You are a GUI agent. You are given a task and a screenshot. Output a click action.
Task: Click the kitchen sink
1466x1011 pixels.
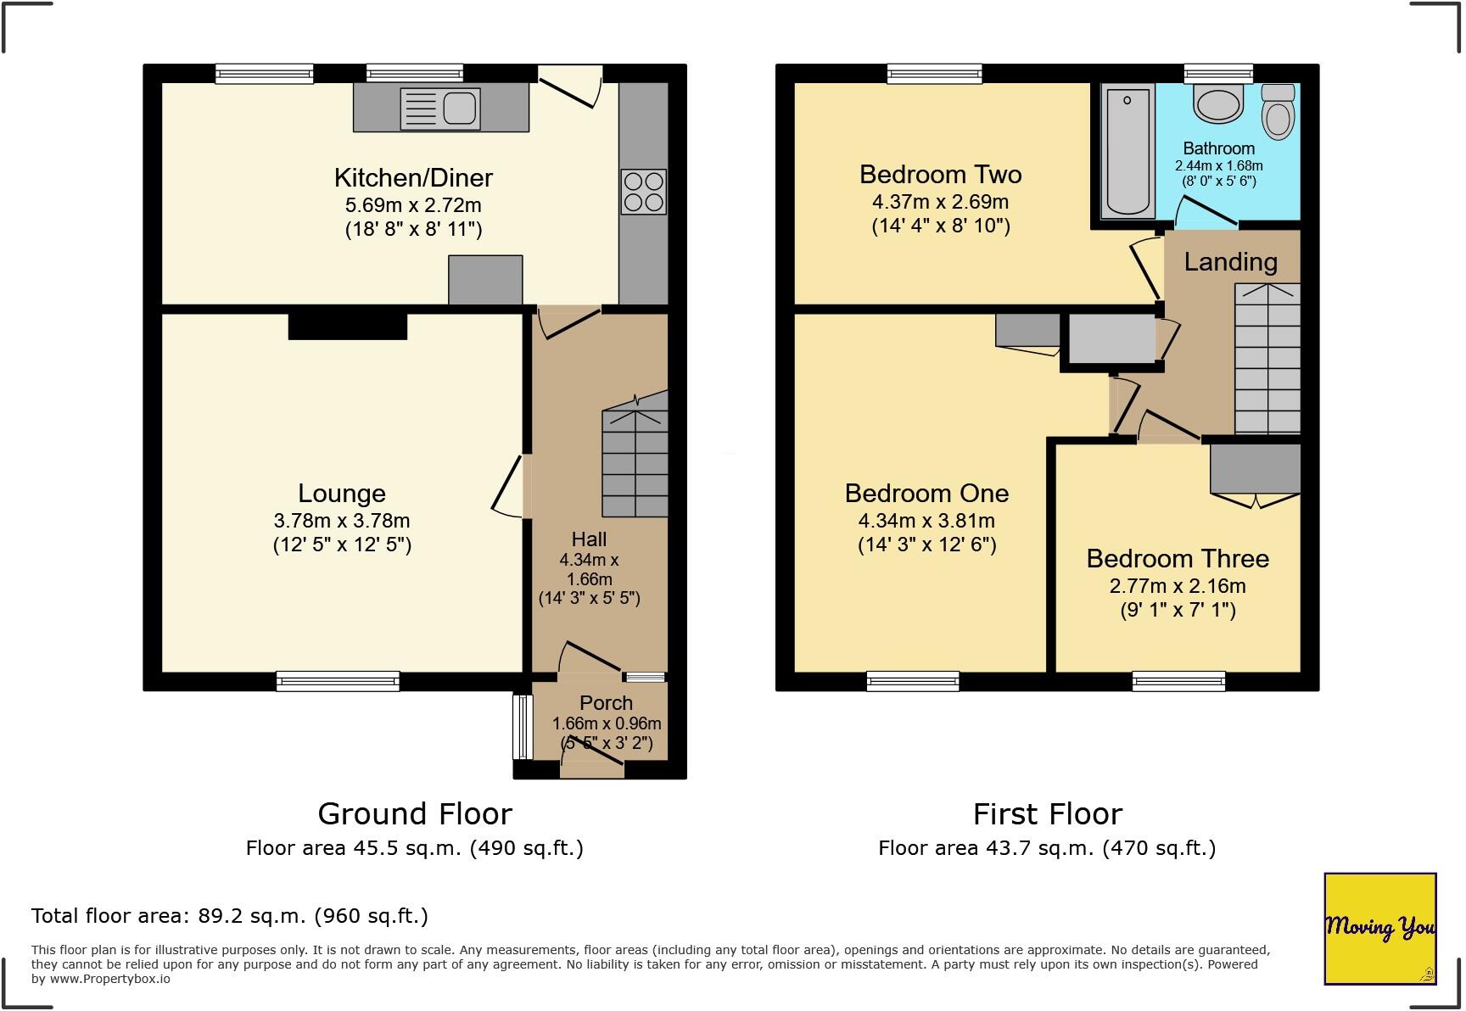441,109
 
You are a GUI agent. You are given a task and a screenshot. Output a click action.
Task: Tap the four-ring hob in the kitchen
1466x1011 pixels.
644,192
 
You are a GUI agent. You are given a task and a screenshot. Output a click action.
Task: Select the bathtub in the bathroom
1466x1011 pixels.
1127,151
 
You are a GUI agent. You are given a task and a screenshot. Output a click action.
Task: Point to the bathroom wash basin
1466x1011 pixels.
1218,104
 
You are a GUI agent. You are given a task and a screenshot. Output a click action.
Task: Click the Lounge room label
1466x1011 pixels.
342,493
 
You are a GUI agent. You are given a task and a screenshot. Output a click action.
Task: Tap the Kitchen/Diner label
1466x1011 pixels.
413,177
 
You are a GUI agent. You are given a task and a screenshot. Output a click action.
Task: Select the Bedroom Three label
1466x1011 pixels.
1178,558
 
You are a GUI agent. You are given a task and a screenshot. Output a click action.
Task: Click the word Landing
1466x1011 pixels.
1230,262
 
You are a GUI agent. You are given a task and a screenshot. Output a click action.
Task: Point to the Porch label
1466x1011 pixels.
606,702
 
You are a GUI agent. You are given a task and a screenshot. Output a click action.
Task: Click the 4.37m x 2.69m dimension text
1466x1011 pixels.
940,202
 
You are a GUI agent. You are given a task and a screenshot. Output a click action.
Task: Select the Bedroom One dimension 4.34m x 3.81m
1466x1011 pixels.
926,521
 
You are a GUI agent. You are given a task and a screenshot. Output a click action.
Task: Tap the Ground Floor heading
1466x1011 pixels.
415,813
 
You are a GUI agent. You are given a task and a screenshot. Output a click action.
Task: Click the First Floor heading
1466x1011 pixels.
1047,813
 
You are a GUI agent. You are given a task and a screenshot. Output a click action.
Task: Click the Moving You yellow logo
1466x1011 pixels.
1380,929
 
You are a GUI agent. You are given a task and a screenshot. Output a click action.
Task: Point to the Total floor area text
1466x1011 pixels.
230,916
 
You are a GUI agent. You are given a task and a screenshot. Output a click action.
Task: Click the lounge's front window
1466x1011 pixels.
338,680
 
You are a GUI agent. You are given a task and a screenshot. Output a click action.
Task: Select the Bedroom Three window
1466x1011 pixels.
1178,680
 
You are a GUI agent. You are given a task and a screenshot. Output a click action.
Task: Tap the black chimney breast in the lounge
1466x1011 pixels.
348,327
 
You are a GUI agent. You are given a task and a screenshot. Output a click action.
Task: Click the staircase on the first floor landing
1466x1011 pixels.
1267,359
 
